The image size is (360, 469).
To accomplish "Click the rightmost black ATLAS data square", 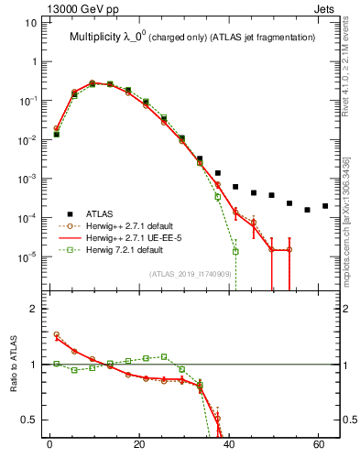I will click(x=325, y=206).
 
